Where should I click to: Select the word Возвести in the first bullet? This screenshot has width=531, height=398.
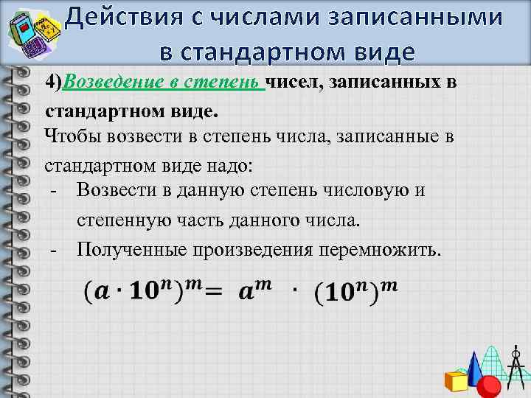117,190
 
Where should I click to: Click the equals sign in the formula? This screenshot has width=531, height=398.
212,293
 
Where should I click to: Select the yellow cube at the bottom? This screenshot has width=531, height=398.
457,381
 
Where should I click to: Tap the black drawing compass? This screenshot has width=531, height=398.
516,365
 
